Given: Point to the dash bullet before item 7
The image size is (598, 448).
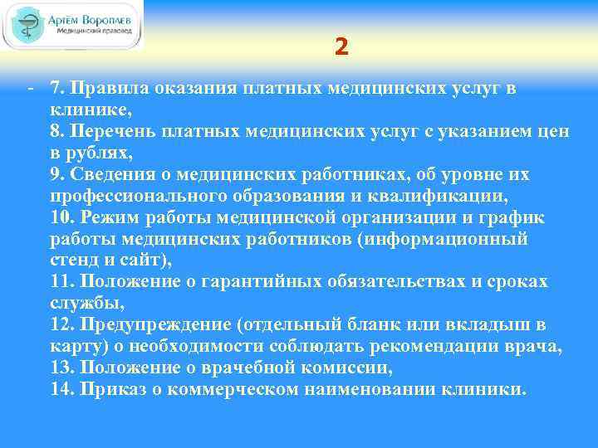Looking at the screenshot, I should coord(30,88).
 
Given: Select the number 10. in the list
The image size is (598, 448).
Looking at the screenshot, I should coord(61,217).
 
